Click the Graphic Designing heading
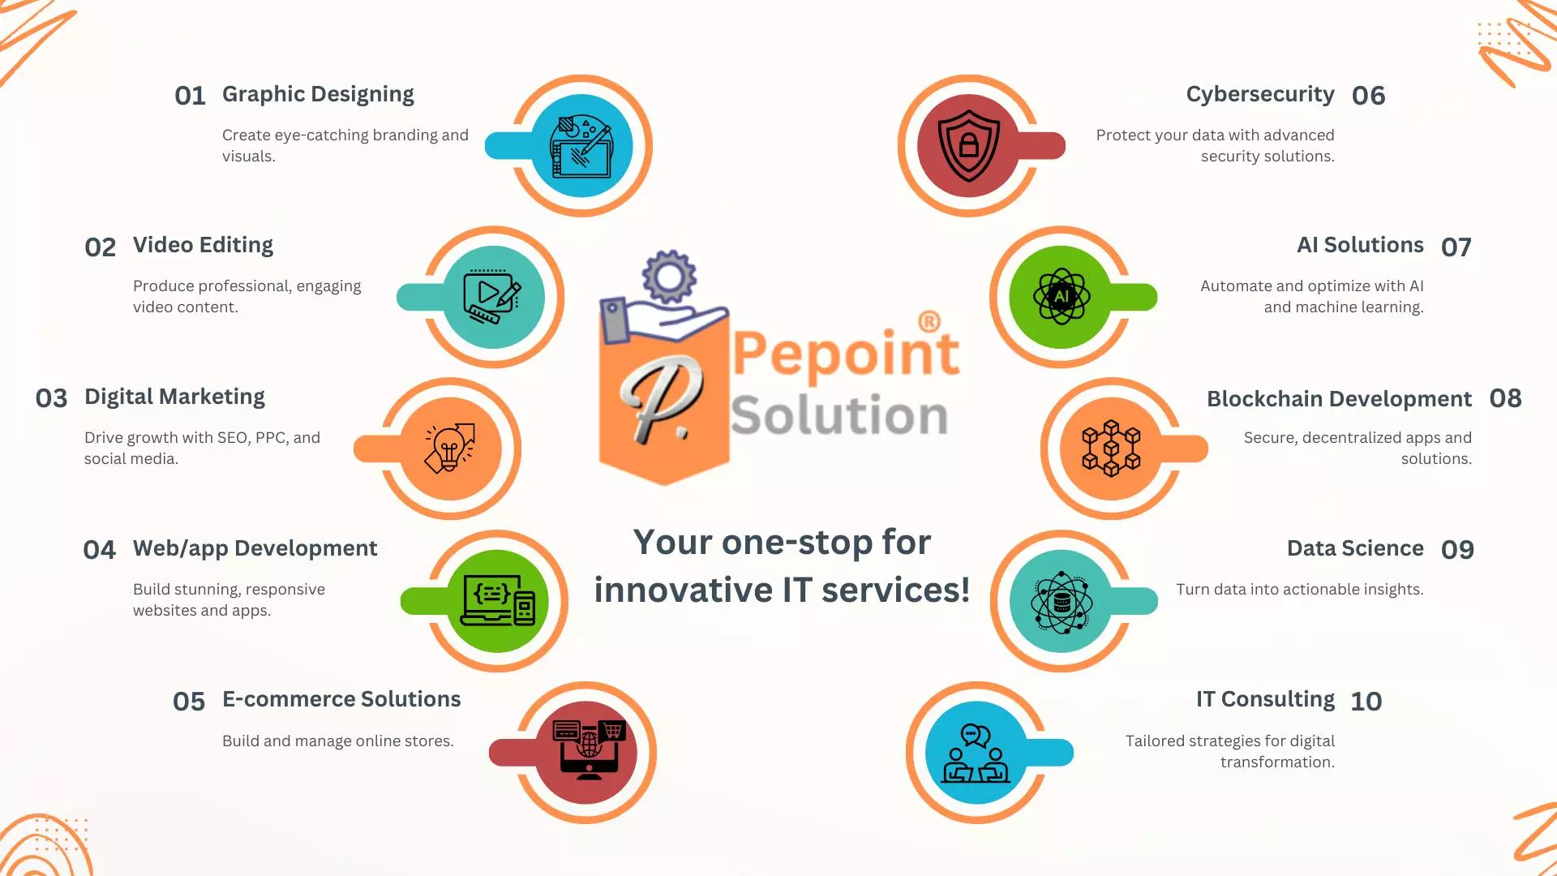[x=318, y=95]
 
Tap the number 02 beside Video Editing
[x=101, y=247]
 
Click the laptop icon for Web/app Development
[x=498, y=600]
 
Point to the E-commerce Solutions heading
[x=341, y=699]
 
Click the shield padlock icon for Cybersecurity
[x=968, y=146]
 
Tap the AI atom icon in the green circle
[x=1062, y=297]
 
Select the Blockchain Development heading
[x=1339, y=399]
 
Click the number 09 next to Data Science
[x=1457, y=550]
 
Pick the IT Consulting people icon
[x=976, y=754]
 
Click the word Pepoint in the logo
[x=846, y=354]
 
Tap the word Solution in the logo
[x=839, y=415]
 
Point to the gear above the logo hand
[x=669, y=277]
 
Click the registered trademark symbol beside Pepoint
[x=929, y=321]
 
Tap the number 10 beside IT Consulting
[x=1366, y=702]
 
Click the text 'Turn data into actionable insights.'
[x=1300, y=590]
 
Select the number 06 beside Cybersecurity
[x=1369, y=96]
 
